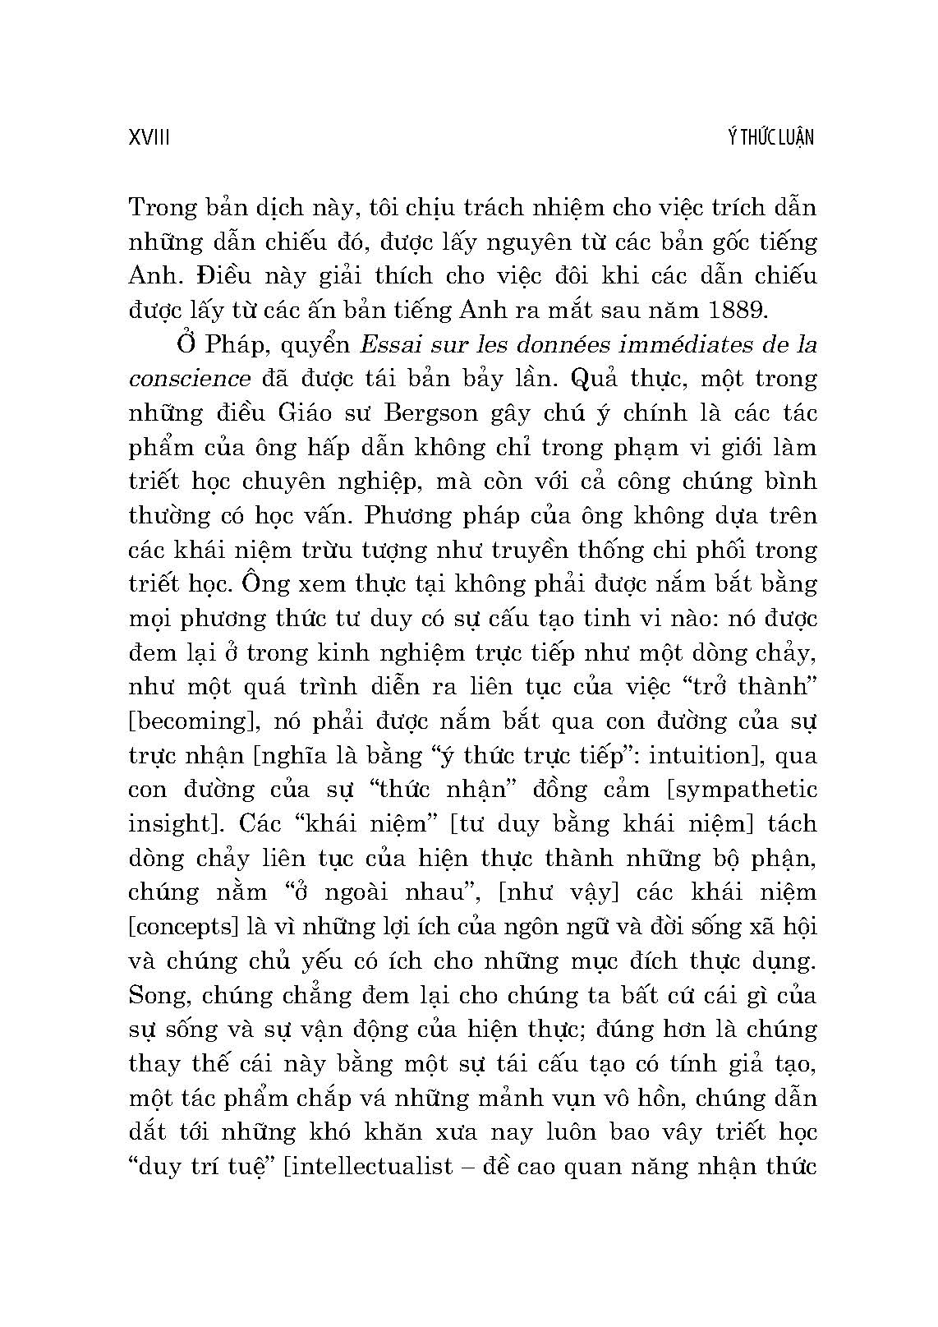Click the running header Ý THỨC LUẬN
pyautogui.click(x=770, y=137)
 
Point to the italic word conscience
pyautogui.click(x=190, y=379)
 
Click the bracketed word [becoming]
pyautogui.click(x=193, y=721)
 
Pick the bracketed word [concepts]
pyautogui.click(x=182, y=927)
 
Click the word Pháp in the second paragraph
pyautogui.click(x=231, y=344)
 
